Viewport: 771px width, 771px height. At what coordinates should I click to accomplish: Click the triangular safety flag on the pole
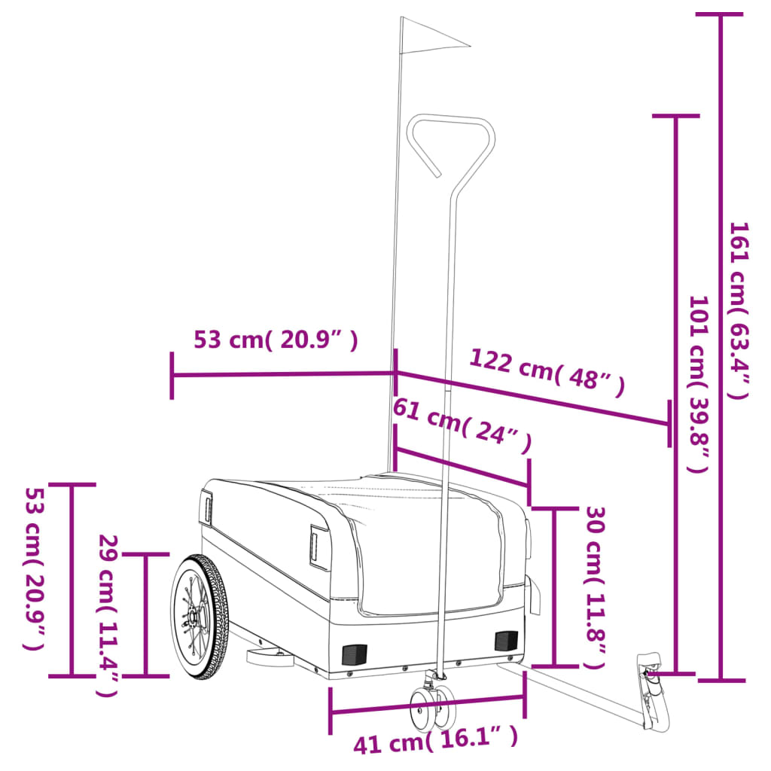tap(428, 38)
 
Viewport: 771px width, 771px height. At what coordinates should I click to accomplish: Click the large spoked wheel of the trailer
tap(199, 617)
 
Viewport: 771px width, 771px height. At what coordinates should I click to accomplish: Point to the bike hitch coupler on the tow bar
tap(652, 690)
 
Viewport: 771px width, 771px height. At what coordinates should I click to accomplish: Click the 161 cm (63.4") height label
tap(739, 311)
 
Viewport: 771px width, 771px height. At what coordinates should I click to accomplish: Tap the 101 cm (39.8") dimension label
tap(699, 384)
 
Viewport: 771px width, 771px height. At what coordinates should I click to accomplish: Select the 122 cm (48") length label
tap(547, 372)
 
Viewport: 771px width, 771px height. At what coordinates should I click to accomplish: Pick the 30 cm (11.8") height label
tap(594, 587)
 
